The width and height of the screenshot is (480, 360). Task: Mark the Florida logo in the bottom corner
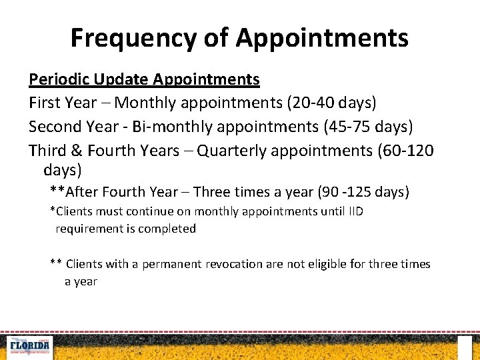point(29,347)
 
